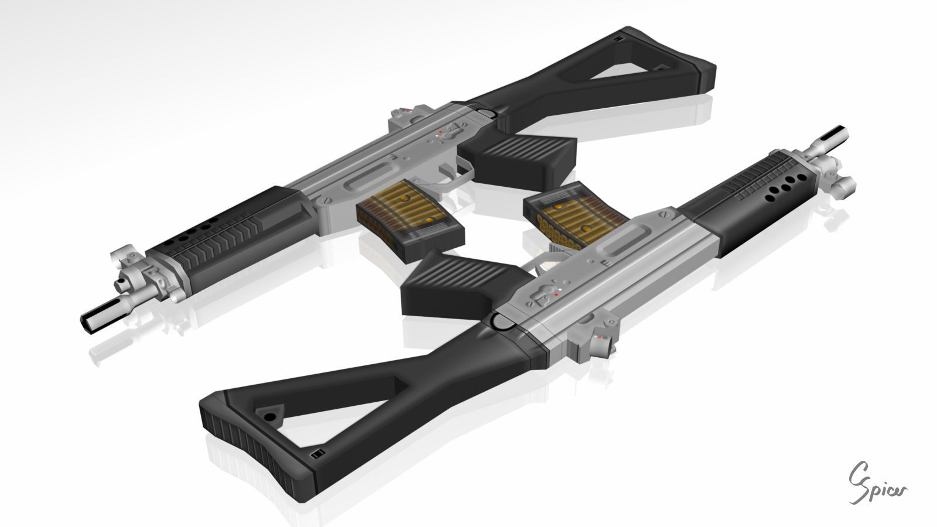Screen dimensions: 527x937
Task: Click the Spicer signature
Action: (877, 482)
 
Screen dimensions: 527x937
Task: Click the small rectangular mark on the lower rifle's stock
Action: (317, 454)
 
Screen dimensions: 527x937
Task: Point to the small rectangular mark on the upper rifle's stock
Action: (619, 38)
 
